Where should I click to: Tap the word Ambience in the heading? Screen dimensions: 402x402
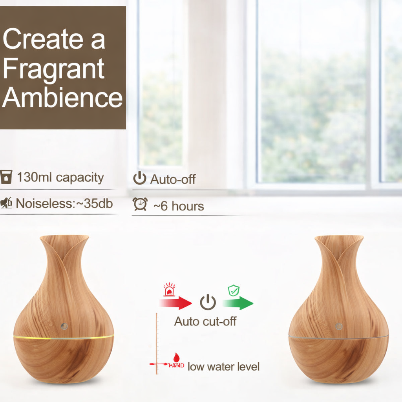[x=62, y=97]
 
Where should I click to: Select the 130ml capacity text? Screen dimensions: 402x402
[x=60, y=177]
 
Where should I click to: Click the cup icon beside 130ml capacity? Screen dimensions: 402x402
[x=6, y=177]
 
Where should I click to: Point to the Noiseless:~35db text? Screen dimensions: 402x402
[x=64, y=203]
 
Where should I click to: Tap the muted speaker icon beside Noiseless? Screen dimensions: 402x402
[x=6, y=203]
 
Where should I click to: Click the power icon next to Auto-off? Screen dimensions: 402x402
[x=140, y=178]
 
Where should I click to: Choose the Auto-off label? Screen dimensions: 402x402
[x=173, y=179]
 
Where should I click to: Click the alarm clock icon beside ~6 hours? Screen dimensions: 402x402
[x=140, y=204]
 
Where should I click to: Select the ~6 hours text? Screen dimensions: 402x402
[x=179, y=206]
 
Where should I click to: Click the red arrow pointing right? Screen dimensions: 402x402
[x=175, y=303]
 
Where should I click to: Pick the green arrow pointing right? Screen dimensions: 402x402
[x=238, y=303]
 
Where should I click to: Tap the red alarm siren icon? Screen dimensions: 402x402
[x=169, y=290]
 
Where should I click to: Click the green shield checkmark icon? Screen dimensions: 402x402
[x=234, y=291]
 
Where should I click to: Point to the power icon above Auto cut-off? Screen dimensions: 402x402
[x=208, y=302]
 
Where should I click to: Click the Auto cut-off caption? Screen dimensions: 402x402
[x=205, y=321]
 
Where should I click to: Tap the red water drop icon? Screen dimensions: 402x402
[x=177, y=357]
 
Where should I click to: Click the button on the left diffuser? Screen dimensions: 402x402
[x=64, y=326]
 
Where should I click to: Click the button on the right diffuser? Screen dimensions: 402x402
[x=338, y=326]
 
